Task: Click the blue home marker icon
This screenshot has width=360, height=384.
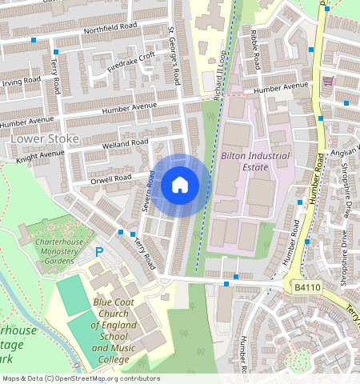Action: click(x=180, y=186)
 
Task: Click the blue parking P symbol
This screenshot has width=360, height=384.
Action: click(x=100, y=252)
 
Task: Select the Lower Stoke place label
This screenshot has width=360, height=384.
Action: click(x=45, y=138)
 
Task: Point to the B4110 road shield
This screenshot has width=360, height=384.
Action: click(x=306, y=287)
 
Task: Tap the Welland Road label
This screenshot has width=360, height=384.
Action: click(x=126, y=145)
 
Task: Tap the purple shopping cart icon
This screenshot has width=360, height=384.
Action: click(x=327, y=82)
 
